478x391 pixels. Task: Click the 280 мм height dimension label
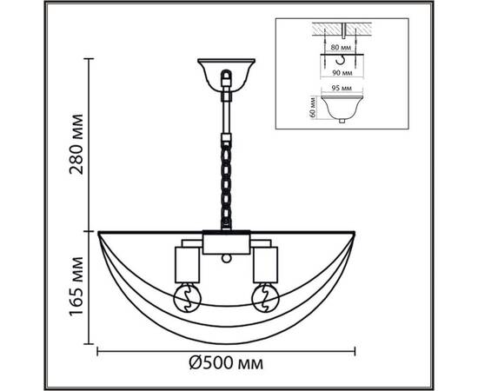pyautogui.click(x=76, y=144)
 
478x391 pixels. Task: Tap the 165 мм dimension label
pyautogui.click(x=76, y=287)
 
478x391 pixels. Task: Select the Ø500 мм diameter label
pyautogui.click(x=226, y=363)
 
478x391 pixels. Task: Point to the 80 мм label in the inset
pyautogui.click(x=341, y=48)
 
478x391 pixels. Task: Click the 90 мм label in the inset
pyautogui.click(x=342, y=73)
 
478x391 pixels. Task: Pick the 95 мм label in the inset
pyautogui.click(x=342, y=89)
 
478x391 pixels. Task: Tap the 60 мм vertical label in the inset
pyautogui.click(x=311, y=107)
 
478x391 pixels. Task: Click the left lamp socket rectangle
pyautogui.click(x=187, y=265)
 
